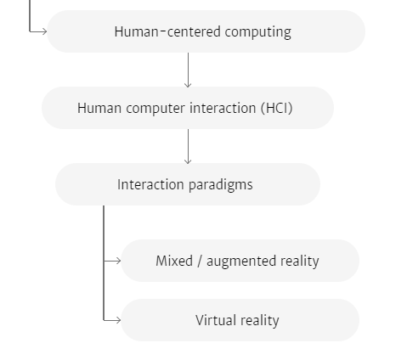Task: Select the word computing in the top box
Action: click(258, 32)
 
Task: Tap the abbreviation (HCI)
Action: click(277, 108)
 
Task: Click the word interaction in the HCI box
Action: click(223, 108)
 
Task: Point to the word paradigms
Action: click(220, 185)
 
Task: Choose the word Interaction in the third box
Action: click(150, 184)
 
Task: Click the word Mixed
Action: click(174, 261)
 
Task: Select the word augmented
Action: click(241, 262)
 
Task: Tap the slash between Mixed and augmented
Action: click(200, 261)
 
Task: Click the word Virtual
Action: click(216, 320)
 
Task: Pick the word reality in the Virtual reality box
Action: click(260, 321)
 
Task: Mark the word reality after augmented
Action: click(300, 262)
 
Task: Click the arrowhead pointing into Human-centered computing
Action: click(44, 31)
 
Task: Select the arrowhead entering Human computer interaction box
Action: click(188, 84)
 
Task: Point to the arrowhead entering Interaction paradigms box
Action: click(188, 160)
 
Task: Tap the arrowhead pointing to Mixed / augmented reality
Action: click(118, 261)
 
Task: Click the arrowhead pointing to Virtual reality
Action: click(118, 320)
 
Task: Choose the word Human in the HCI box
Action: click(99, 108)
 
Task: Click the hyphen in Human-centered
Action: click(162, 31)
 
